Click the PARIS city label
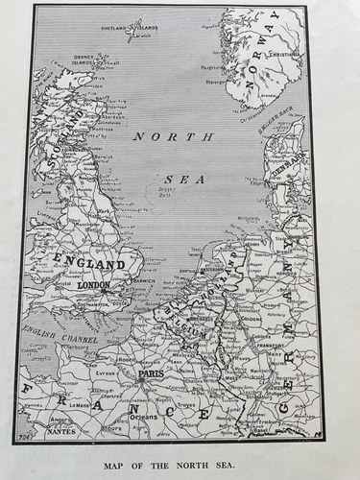pos(151,375)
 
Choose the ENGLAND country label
pos(90,262)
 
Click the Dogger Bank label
pos(168,192)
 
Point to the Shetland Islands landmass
pos(135,28)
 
